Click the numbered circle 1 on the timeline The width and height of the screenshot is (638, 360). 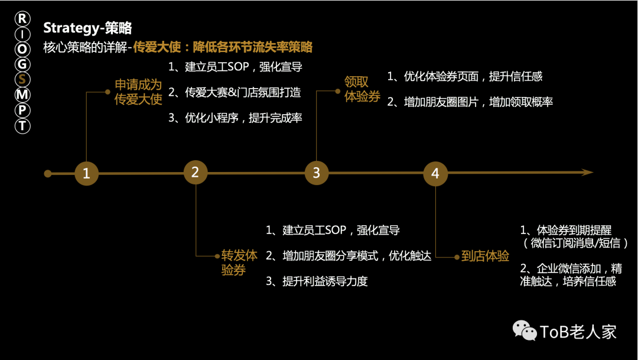(x=86, y=173)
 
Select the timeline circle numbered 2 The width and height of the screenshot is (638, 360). (x=196, y=172)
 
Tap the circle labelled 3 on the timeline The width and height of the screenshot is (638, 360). (x=317, y=173)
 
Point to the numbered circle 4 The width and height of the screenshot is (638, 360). (x=435, y=174)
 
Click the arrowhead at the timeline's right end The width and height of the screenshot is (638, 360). (x=588, y=172)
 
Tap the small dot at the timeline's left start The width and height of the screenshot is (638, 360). (x=48, y=174)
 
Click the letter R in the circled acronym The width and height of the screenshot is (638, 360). (x=22, y=18)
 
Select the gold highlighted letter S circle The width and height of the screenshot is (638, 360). (x=22, y=79)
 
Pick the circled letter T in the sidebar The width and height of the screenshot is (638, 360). (x=22, y=125)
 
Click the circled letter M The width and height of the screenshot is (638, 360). (x=22, y=95)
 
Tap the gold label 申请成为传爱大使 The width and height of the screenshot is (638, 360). (x=138, y=92)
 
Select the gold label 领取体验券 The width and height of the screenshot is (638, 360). (x=362, y=89)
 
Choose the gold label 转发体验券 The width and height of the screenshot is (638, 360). (x=239, y=262)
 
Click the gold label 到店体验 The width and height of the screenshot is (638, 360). (x=485, y=256)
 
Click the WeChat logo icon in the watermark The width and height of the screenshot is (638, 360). (x=525, y=330)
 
